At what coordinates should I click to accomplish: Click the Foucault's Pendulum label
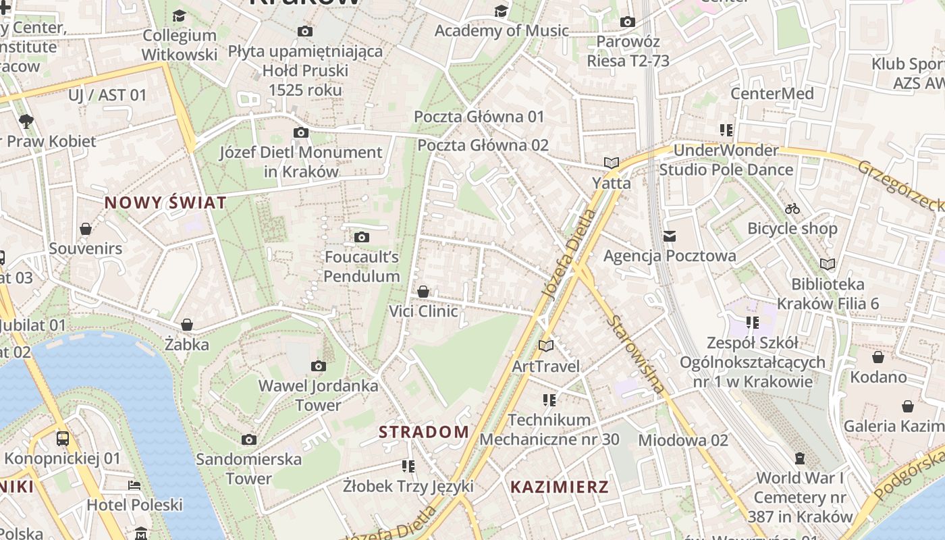[362, 267]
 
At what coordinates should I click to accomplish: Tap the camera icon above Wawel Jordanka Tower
[319, 367]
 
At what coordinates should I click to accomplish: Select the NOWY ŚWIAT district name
[165, 202]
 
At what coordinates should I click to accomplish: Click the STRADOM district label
[424, 432]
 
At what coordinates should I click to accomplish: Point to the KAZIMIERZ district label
[560, 487]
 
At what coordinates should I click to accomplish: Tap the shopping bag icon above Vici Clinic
[423, 292]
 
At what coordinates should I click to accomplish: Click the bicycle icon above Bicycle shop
[792, 209]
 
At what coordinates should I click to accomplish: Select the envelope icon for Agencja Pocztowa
[670, 236]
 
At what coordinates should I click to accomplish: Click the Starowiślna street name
[635, 354]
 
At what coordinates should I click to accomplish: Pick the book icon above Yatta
[612, 163]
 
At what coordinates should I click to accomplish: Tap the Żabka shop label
[187, 344]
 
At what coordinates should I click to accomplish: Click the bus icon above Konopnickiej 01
[63, 439]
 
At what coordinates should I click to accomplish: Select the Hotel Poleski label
[135, 505]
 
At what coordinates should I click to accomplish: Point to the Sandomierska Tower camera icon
[249, 440]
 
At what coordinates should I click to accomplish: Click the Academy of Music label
[502, 30]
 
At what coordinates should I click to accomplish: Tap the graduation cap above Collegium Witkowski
[180, 16]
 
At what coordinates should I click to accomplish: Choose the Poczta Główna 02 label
[483, 145]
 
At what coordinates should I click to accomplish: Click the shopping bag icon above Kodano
[878, 357]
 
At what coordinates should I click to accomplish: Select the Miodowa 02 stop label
[683, 440]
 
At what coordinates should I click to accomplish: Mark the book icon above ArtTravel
[546, 346]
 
